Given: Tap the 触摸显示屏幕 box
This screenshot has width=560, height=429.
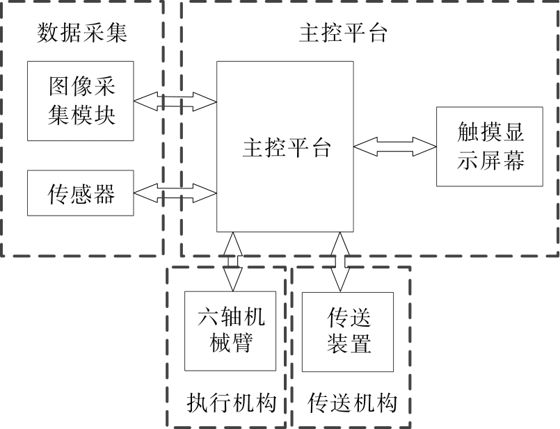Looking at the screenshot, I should tap(490, 147).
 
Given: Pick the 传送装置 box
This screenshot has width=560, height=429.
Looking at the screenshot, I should tap(348, 331).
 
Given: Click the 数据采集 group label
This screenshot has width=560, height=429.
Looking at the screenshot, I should tap(81, 33).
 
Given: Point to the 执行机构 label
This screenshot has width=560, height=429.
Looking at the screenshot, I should tap(232, 403).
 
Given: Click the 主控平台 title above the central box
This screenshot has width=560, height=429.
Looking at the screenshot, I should tap(342, 33).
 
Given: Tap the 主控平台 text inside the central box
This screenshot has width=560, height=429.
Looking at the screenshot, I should tap(286, 147).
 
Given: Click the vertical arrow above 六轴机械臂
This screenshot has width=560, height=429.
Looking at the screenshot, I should tap(233, 261).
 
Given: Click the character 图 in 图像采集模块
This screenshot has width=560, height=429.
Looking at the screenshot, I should tap(60, 88).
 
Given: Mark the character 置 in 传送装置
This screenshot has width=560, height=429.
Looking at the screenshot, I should tap(360, 344).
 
